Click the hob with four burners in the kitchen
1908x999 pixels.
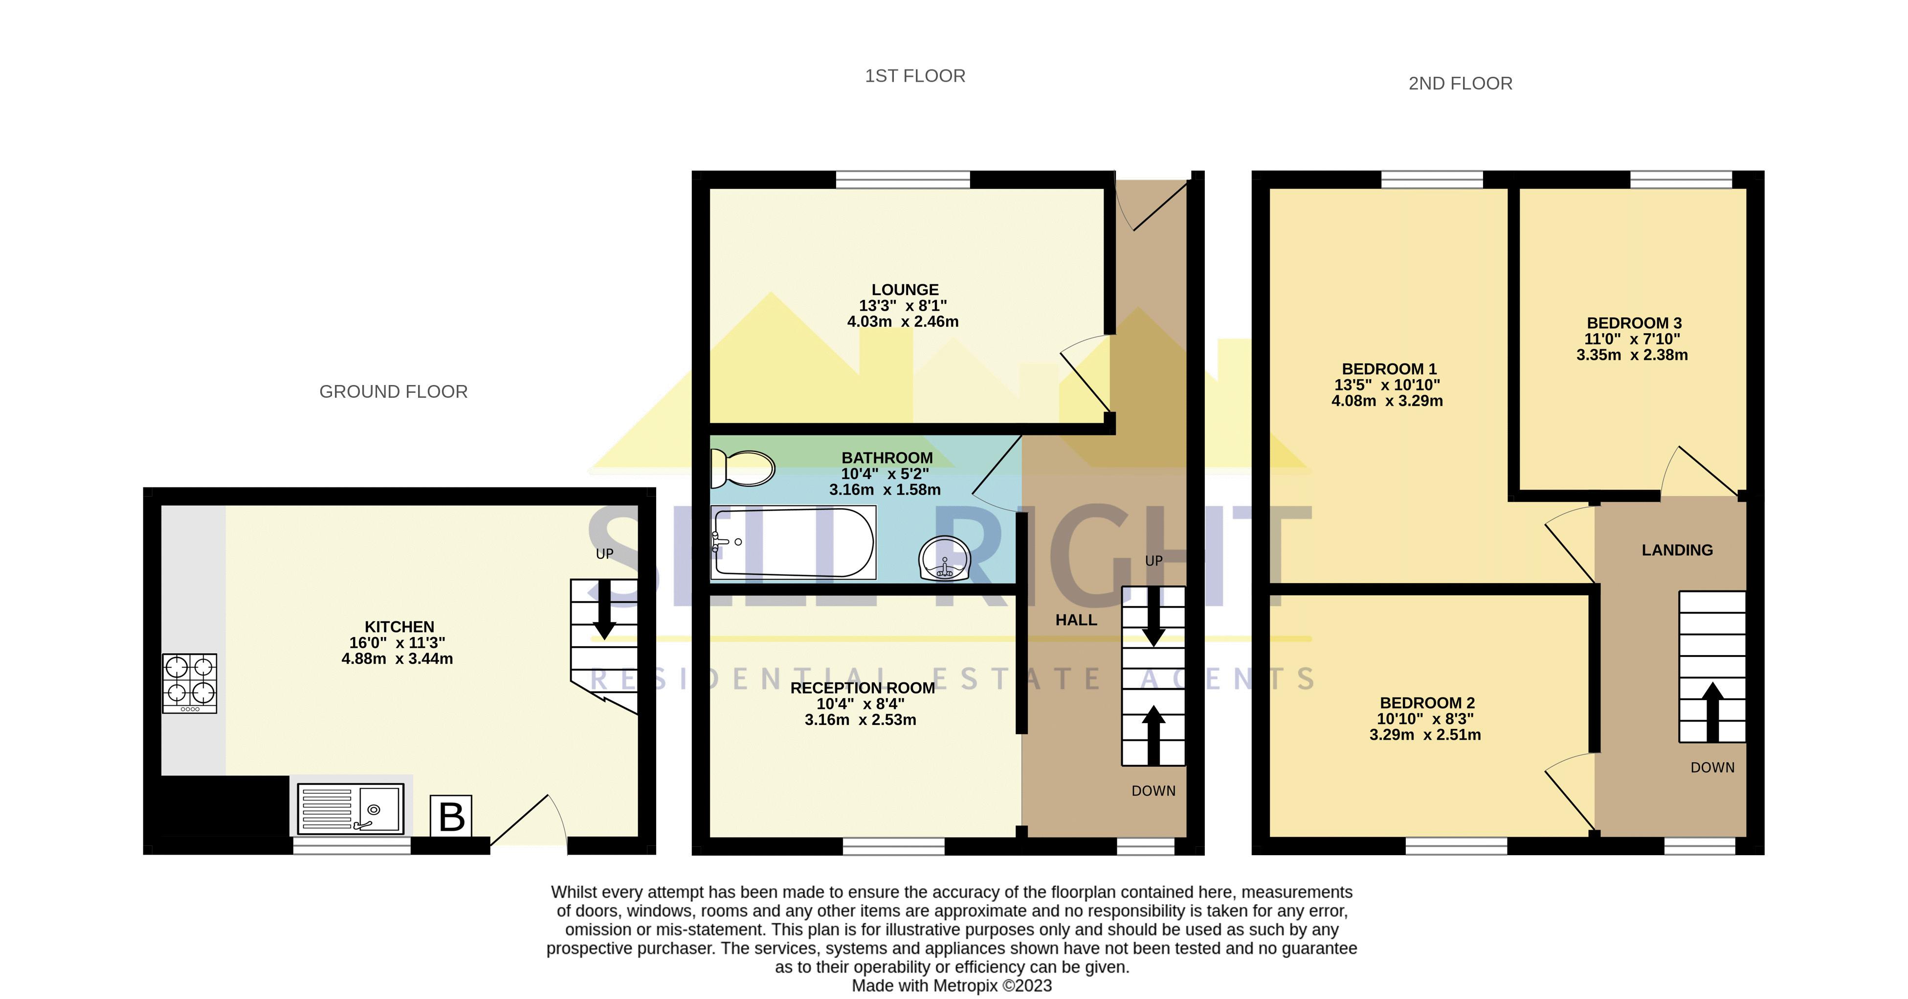[190, 682]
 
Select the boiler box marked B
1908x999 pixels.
[451, 816]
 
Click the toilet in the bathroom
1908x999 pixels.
[742, 468]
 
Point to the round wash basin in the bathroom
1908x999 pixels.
[944, 557]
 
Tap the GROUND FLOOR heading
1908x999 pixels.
[393, 391]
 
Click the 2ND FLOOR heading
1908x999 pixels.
[1460, 84]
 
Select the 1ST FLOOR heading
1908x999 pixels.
[915, 76]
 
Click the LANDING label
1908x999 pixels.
[1677, 550]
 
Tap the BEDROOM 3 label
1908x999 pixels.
[1634, 323]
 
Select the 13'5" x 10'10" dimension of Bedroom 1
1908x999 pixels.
[1387, 385]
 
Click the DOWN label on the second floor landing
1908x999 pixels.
[1712, 768]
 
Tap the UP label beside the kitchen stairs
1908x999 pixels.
[604, 554]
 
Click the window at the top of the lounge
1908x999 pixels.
[902, 180]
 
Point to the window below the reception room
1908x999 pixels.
[893, 845]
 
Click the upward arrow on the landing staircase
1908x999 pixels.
[1712, 711]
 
